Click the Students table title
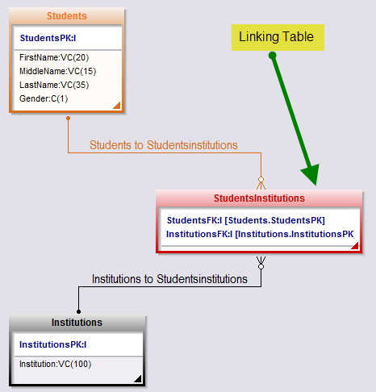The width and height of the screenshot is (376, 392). click(67, 16)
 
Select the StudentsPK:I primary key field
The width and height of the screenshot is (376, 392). click(48, 38)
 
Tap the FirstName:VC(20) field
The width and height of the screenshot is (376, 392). click(54, 57)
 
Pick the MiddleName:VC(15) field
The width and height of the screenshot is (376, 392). click(57, 71)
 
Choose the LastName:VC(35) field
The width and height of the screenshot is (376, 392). click(54, 85)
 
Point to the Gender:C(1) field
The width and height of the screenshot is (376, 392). click(44, 98)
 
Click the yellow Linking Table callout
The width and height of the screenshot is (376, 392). click(278, 37)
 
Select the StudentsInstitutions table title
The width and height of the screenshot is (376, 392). click(259, 198)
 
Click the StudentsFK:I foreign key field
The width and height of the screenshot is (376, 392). click(246, 220)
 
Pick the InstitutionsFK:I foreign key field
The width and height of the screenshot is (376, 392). click(260, 234)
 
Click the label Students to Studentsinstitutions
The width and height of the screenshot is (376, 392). click(164, 145)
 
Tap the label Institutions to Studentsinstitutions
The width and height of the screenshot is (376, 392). click(169, 279)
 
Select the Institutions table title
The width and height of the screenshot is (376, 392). click(77, 323)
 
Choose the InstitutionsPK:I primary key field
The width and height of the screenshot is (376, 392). click(53, 344)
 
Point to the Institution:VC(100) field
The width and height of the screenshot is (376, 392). click(56, 364)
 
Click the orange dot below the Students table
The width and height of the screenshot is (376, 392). click(69, 118)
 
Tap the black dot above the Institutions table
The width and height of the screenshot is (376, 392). click(78, 311)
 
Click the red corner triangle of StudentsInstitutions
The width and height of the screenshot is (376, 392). click(356, 247)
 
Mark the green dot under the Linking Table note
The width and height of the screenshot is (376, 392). click(272, 56)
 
